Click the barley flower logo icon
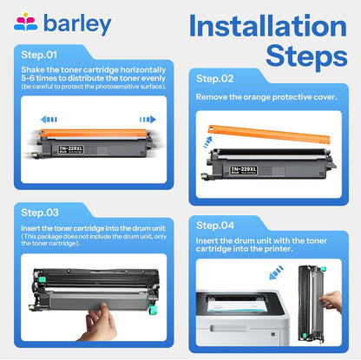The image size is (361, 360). [x=25, y=22]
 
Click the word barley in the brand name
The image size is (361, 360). [x=77, y=24]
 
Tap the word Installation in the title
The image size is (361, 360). [x=268, y=26]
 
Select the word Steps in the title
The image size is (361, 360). [x=306, y=56]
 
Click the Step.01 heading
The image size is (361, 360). [x=39, y=55]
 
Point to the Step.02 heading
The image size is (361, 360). [x=214, y=79]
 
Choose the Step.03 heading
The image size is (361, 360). [x=40, y=213]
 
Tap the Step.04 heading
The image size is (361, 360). [x=215, y=226]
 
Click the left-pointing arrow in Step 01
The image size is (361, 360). [x=49, y=119]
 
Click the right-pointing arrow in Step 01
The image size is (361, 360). [x=148, y=119]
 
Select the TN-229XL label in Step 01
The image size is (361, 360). [x=71, y=149]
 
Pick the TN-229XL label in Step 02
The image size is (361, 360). [x=244, y=170]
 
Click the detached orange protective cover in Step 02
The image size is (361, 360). [x=269, y=134]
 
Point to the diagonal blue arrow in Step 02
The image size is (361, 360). [x=207, y=142]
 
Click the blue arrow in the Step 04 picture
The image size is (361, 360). [x=276, y=272]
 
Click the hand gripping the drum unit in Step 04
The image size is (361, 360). [x=331, y=302]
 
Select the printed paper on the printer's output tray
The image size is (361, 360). [x=237, y=305]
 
